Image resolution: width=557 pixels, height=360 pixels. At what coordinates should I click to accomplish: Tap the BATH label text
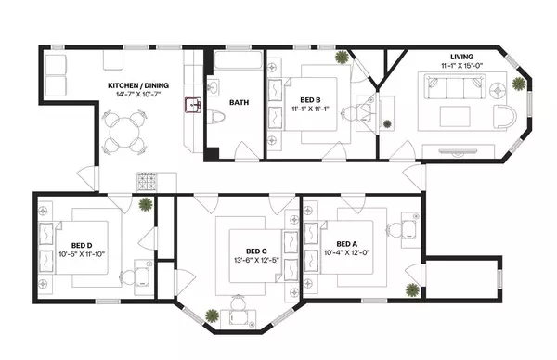pyautogui.click(x=239, y=103)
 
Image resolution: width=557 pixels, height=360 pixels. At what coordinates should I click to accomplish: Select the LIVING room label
pyautogui.click(x=461, y=57)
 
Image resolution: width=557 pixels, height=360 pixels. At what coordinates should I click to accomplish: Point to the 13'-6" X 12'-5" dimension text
pyautogui.click(x=257, y=260)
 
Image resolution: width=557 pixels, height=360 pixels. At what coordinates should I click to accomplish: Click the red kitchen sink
pyautogui.click(x=196, y=105)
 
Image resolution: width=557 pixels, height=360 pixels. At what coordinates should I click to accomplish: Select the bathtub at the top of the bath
pyautogui.click(x=238, y=63)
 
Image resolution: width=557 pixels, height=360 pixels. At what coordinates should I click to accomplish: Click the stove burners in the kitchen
pyautogui.click(x=149, y=180)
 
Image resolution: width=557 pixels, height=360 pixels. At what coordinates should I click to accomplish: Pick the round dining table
pyautogui.click(x=125, y=133)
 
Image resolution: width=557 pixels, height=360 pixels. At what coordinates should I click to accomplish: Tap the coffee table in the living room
pyautogui.click(x=455, y=118)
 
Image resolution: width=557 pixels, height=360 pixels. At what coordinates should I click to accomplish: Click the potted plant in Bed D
pyautogui.click(x=145, y=205)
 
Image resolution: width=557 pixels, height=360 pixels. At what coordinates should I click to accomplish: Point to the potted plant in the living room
pyautogui.click(x=518, y=83)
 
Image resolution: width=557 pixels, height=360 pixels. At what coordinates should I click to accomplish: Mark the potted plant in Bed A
pyautogui.click(x=409, y=290)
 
